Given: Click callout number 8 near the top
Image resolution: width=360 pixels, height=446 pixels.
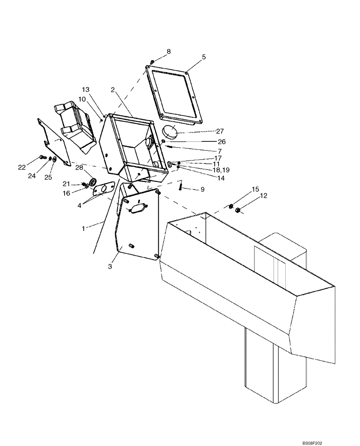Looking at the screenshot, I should pos(169,52).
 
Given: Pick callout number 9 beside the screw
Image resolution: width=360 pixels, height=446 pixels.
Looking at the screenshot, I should pos(202,189).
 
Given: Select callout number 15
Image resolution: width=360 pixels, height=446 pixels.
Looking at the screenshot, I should pos(255,190).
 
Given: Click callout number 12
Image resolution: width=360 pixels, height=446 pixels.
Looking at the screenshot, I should pos(264,195).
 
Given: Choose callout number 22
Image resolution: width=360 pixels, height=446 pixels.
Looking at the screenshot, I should pos(22,167).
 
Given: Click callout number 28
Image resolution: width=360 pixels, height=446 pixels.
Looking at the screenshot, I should pos(79,167).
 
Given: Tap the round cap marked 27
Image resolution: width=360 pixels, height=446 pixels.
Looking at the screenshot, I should pos(169,132).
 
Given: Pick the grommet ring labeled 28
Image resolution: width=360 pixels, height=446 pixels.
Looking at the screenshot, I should pos(94,182).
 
